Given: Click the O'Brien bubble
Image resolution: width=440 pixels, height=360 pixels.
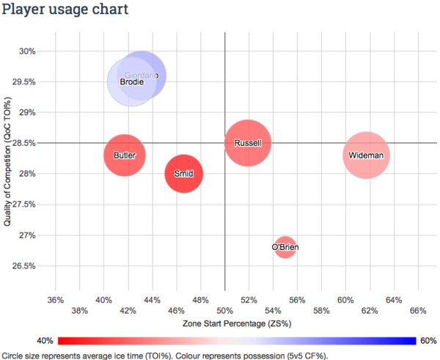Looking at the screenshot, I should pos(285,247).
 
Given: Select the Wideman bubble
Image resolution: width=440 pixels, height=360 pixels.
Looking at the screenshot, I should pos(366,155).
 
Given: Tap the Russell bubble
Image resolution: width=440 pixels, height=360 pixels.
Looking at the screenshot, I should pos(248,143).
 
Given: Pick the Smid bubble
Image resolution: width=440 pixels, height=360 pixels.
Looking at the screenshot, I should pos(183,174).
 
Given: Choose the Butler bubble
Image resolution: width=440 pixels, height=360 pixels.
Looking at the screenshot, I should pos(125,155).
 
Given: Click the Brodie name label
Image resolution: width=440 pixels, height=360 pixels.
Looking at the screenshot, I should pos(131,83).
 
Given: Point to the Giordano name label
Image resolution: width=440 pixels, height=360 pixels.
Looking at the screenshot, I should pos(142,76).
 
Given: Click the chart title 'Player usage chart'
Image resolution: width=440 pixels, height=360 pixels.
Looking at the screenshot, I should pos(65,10).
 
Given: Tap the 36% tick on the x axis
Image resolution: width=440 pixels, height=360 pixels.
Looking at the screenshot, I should pos(55,300).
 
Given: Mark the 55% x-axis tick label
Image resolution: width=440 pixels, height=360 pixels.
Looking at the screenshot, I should pos(285,300).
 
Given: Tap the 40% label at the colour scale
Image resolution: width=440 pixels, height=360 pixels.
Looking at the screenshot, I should pos(43,340).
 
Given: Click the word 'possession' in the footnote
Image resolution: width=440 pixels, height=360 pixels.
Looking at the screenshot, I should pos(265,355).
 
